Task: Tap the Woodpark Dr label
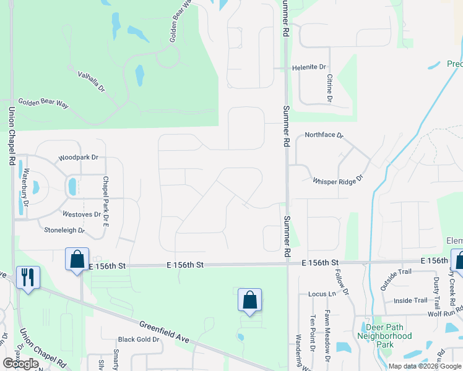[79, 158]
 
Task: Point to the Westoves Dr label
[82, 215]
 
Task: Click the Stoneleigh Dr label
[64, 230]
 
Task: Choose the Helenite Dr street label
[309, 67]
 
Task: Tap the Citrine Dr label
[329, 89]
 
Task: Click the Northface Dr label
[324, 135]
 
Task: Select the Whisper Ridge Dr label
[337, 181]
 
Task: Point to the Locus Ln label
[322, 294]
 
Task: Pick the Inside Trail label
[410, 301]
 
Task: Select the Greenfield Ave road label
[163, 331]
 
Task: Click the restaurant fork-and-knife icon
[27, 276]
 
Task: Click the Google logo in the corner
[20, 364]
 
